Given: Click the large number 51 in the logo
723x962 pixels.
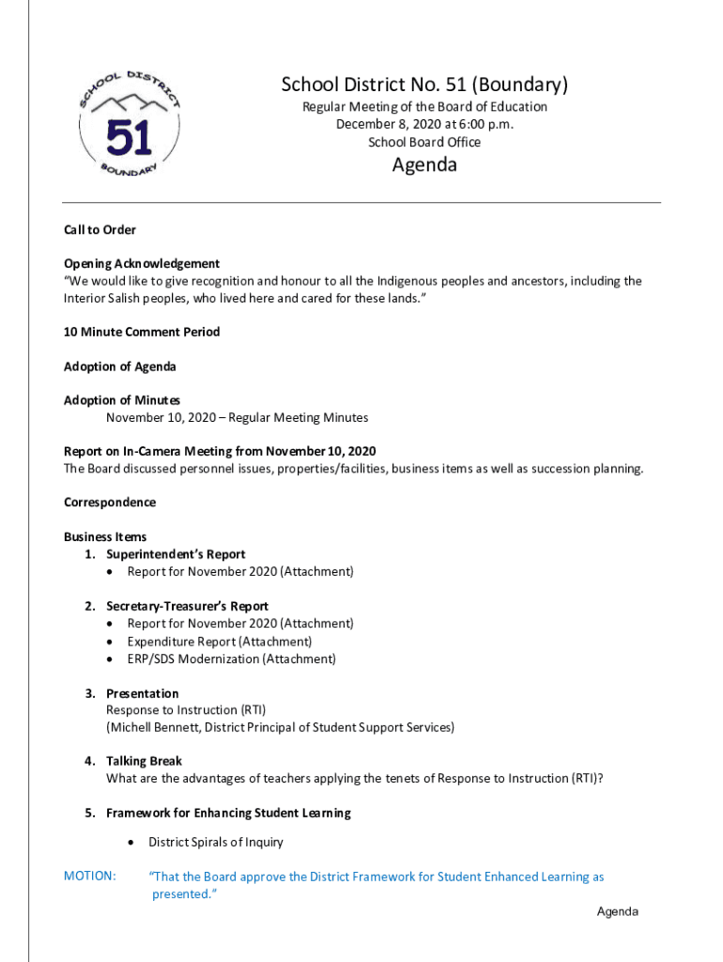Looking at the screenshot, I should [x=129, y=138].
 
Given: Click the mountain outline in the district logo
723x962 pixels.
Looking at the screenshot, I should [x=129, y=101].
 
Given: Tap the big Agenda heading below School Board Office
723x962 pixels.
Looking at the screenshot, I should [x=424, y=165].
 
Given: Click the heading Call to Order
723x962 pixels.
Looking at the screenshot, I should [x=100, y=229].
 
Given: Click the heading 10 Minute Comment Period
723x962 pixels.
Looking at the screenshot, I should [x=142, y=332].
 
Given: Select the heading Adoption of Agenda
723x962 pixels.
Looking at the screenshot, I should [x=119, y=366].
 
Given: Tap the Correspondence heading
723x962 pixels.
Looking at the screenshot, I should [x=110, y=503].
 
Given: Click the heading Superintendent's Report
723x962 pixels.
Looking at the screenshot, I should [x=176, y=554].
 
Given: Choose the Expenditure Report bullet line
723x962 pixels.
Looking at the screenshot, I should [x=220, y=642].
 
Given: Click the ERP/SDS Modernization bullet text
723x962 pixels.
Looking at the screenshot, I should [x=231, y=659].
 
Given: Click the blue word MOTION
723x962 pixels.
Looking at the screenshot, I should [x=90, y=877].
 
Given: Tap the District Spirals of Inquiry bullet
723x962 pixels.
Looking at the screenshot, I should [x=215, y=842].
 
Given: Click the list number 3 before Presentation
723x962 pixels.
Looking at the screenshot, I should [x=89, y=693].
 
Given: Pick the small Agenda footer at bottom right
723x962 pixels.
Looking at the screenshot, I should [x=618, y=912].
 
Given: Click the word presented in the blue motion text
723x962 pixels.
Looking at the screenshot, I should [x=179, y=894].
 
